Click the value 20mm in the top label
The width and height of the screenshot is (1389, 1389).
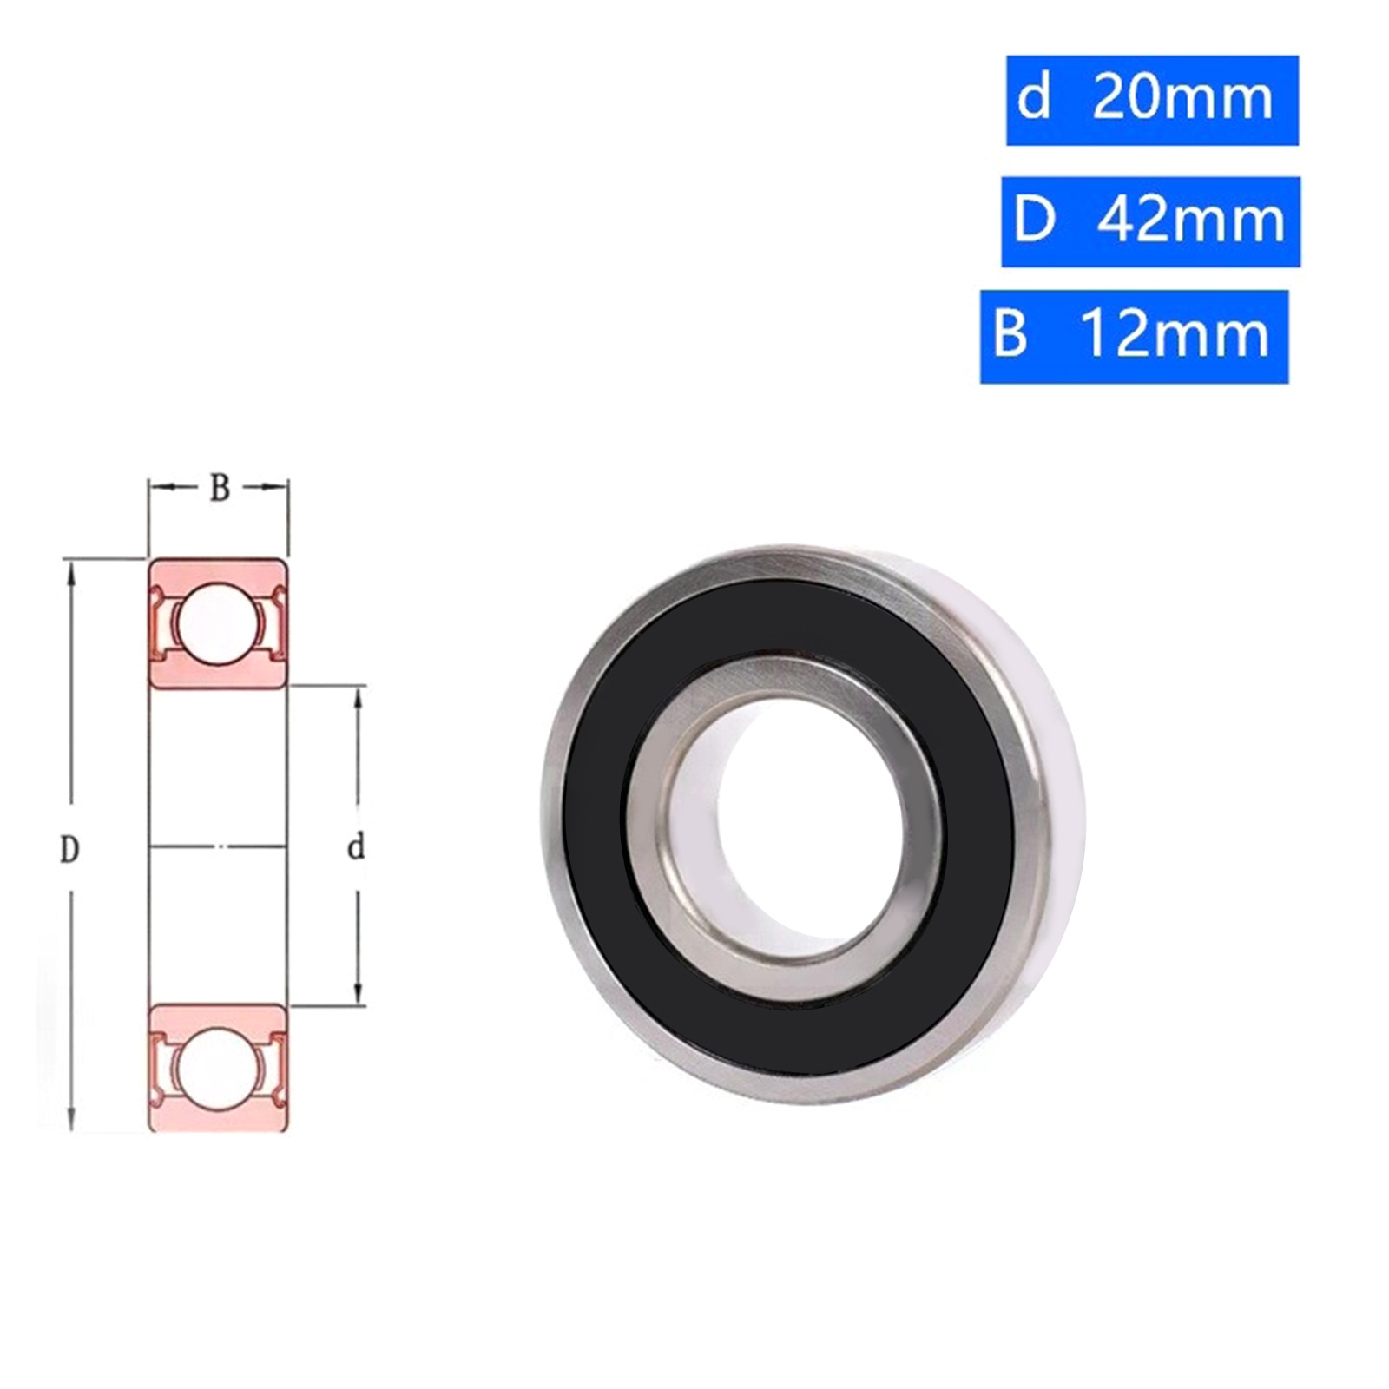click(1182, 99)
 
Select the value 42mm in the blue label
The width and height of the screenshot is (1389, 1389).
click(1190, 221)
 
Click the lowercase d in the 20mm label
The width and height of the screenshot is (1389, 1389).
click(1033, 97)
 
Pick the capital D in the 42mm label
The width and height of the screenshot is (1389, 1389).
click(1034, 221)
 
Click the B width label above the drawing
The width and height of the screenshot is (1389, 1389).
click(220, 489)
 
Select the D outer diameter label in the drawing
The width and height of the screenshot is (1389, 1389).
click(69, 849)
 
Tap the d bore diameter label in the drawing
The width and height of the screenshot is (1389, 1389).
click(356, 847)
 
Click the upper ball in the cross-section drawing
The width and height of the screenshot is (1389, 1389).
click(217, 622)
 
